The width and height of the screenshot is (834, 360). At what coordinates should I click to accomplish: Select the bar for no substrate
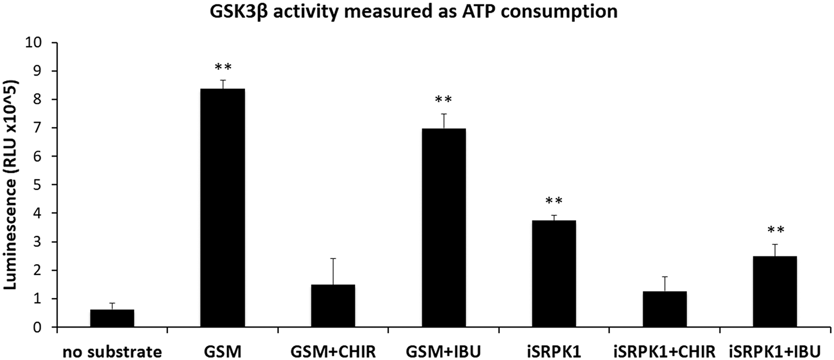(x=112, y=318)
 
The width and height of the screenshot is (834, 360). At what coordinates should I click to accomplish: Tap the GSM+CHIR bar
(x=333, y=306)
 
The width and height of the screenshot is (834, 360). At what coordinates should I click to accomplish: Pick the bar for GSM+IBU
(x=443, y=228)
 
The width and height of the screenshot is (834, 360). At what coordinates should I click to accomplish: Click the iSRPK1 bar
(x=554, y=274)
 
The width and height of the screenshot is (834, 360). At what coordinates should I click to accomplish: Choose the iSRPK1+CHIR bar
(x=664, y=309)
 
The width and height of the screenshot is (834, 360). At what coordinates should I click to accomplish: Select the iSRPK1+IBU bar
(x=774, y=292)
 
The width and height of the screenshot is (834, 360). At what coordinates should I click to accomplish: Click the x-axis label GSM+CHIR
(x=333, y=351)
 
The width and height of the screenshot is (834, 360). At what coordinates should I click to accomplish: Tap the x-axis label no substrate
(x=112, y=351)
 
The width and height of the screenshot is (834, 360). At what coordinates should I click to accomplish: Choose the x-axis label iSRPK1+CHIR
(x=664, y=351)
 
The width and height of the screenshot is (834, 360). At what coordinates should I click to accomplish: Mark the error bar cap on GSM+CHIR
(x=333, y=259)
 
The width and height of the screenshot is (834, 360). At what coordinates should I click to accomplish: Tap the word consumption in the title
(x=559, y=12)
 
